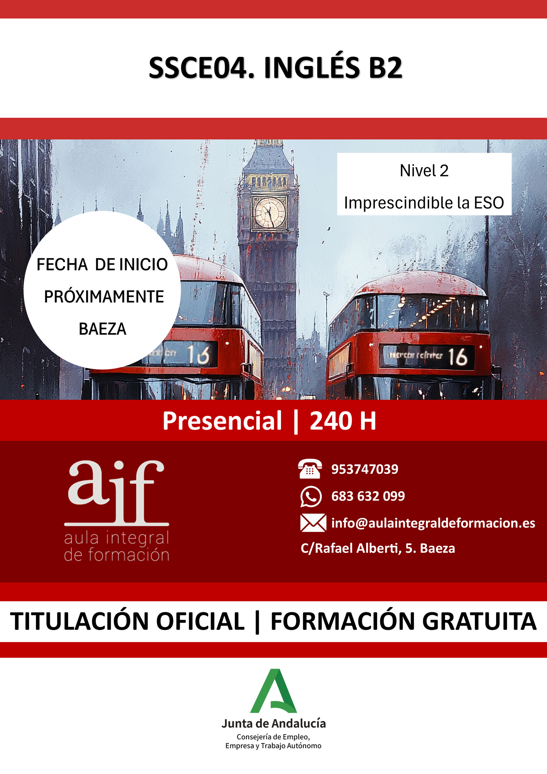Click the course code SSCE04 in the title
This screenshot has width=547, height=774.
tap(202, 68)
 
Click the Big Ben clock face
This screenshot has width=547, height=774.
tap(270, 213)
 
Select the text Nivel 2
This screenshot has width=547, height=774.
tap(424, 171)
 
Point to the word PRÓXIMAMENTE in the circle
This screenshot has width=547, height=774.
tap(104, 297)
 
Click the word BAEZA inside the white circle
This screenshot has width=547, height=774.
tap(103, 329)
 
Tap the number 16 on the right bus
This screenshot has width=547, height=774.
tap(458, 357)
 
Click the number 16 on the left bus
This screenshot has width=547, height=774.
tap(199, 354)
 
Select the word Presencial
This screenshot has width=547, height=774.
tap(222, 421)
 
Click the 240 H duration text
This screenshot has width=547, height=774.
tap(343, 421)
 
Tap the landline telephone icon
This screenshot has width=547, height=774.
tap(310, 469)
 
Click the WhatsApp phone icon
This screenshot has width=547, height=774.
tap(311, 496)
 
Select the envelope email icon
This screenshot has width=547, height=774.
tap(313, 523)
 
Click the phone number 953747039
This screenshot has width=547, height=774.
tap(365, 469)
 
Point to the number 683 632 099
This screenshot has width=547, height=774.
tap(368, 496)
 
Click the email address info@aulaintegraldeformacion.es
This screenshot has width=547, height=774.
tap(433, 523)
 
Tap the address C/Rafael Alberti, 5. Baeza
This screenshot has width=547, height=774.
tap(378, 548)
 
